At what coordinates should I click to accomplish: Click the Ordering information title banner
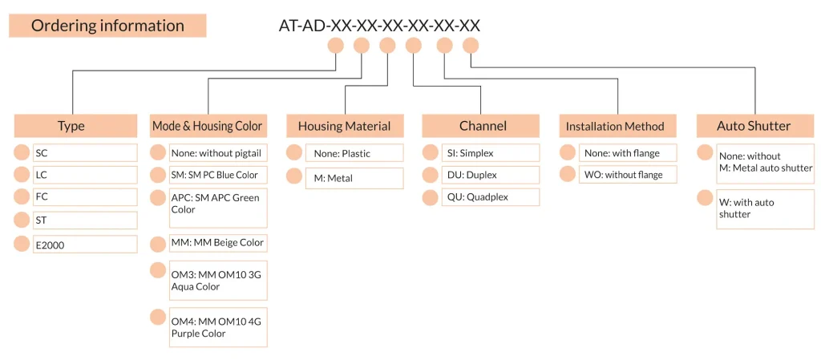tap(107, 26)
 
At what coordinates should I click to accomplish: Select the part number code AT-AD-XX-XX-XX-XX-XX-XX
tap(379, 26)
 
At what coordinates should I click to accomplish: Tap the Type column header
tap(71, 126)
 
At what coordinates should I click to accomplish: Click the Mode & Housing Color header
tap(208, 126)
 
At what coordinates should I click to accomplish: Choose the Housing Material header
tap(345, 126)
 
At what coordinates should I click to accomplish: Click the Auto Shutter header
tap(754, 126)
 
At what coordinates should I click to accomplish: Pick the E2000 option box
tap(85, 245)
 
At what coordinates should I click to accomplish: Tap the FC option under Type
tap(85, 197)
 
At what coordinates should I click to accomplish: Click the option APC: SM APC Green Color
tap(218, 208)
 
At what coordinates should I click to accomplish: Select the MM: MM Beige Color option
tap(218, 243)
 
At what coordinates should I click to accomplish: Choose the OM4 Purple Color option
tap(218, 327)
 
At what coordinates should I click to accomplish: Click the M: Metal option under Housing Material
tap(354, 179)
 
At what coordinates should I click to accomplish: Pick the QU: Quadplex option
tap(491, 197)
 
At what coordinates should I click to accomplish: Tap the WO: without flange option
tap(628, 175)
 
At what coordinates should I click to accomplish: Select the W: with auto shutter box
tap(765, 208)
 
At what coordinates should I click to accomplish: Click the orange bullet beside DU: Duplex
tap(431, 175)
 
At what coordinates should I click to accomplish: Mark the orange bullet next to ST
tap(22, 220)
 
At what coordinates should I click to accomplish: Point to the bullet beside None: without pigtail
tap(158, 152)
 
